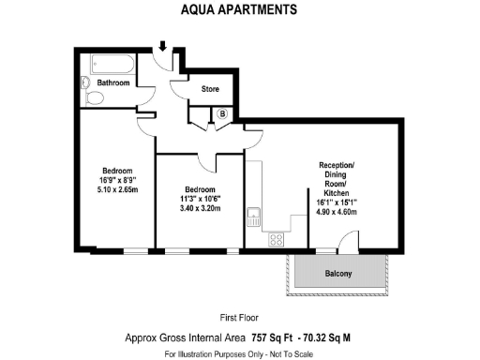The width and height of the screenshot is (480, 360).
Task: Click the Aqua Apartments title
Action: [x=239, y=10]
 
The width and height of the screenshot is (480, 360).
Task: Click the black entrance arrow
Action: [x=163, y=46]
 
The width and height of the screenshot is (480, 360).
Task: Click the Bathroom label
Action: [x=112, y=82]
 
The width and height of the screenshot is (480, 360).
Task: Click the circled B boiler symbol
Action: [x=222, y=114]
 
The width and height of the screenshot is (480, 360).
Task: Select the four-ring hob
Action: [x=277, y=239]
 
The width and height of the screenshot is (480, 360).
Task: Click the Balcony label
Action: [x=338, y=274]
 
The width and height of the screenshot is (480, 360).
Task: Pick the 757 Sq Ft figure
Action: [x=272, y=337]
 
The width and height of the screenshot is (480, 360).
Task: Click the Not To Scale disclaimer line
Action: [x=239, y=354]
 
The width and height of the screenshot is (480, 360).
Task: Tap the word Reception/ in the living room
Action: [x=338, y=166]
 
